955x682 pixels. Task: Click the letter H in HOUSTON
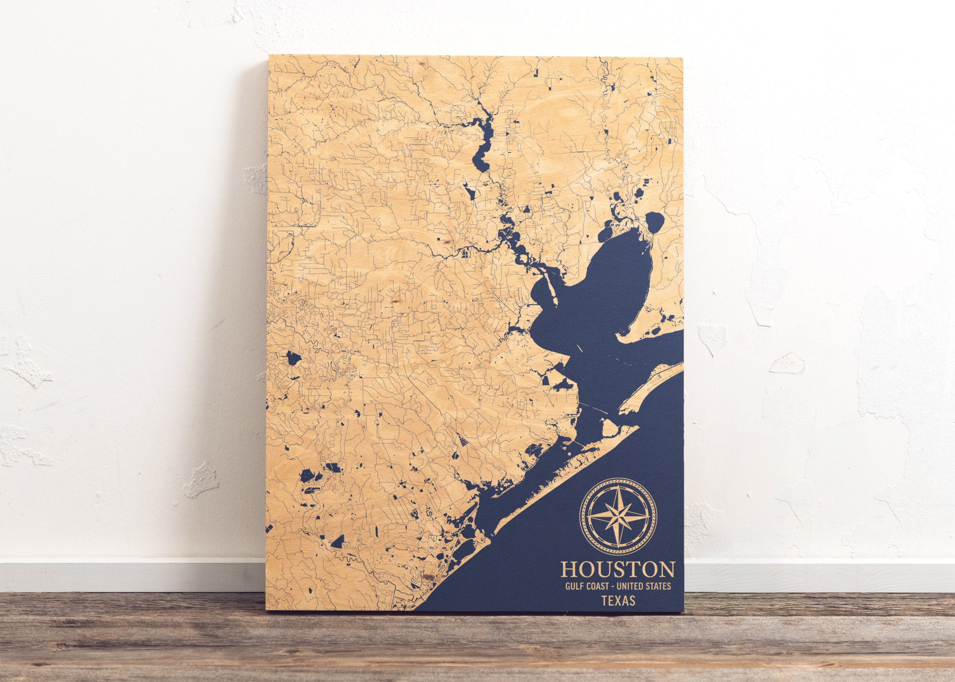569,569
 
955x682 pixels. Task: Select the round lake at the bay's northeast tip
653,222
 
